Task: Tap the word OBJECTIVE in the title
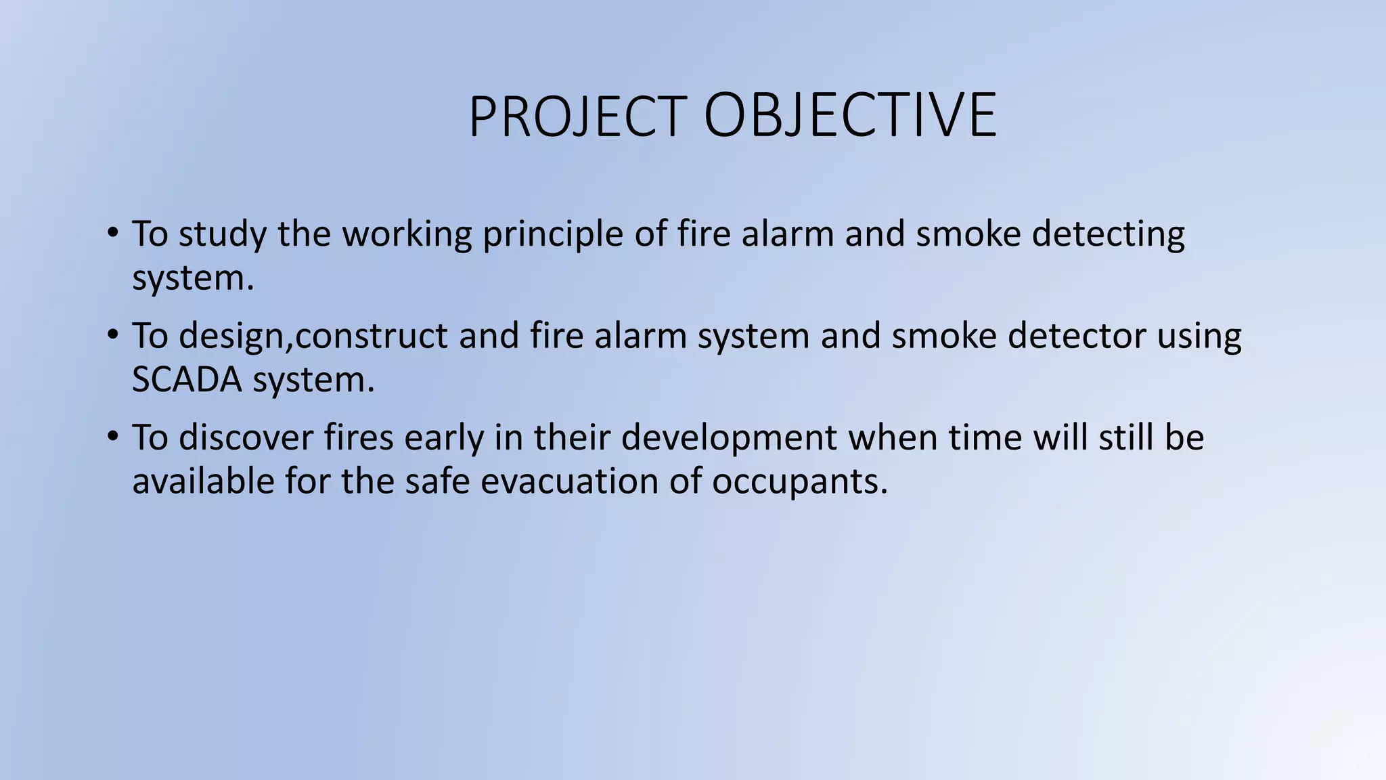coord(850,116)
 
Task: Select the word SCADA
coord(187,379)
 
